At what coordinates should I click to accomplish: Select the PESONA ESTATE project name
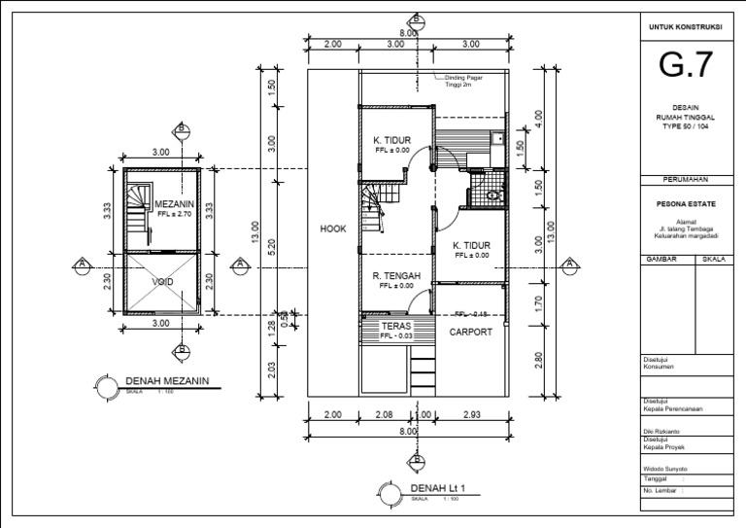(687, 205)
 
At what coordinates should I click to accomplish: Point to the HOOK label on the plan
(333, 229)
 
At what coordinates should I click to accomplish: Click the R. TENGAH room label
(395, 275)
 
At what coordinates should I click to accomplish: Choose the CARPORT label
(471, 332)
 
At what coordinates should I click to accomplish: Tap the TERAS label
(395, 326)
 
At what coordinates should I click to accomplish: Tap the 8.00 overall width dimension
(409, 32)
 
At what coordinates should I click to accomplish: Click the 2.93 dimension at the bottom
(471, 415)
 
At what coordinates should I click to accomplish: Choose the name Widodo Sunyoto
(665, 469)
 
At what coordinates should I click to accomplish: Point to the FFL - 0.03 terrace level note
(395, 335)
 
